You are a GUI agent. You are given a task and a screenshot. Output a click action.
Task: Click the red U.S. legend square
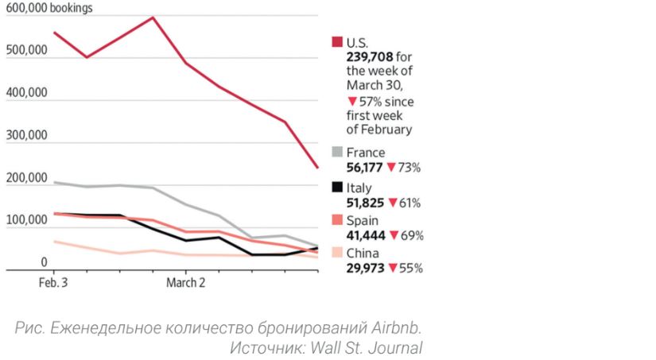(x=337, y=41)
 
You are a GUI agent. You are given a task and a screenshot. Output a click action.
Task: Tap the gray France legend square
(x=337, y=153)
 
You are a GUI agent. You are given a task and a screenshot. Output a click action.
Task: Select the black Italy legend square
(x=337, y=188)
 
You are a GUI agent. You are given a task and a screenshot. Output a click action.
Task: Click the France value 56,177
(x=364, y=168)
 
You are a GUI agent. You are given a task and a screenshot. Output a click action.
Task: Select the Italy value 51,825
(x=365, y=203)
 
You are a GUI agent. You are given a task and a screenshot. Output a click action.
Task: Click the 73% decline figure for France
(x=409, y=168)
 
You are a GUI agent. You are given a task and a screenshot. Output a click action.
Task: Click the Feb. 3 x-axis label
(x=53, y=281)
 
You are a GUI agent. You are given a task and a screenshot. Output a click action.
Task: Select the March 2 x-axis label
(x=185, y=281)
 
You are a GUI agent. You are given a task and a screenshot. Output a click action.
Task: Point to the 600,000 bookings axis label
(x=49, y=9)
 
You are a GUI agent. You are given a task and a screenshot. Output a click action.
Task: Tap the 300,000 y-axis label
(x=26, y=136)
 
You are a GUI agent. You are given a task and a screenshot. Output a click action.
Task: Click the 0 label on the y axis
(x=45, y=262)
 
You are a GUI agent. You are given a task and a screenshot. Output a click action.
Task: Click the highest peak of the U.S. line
(x=152, y=17)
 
